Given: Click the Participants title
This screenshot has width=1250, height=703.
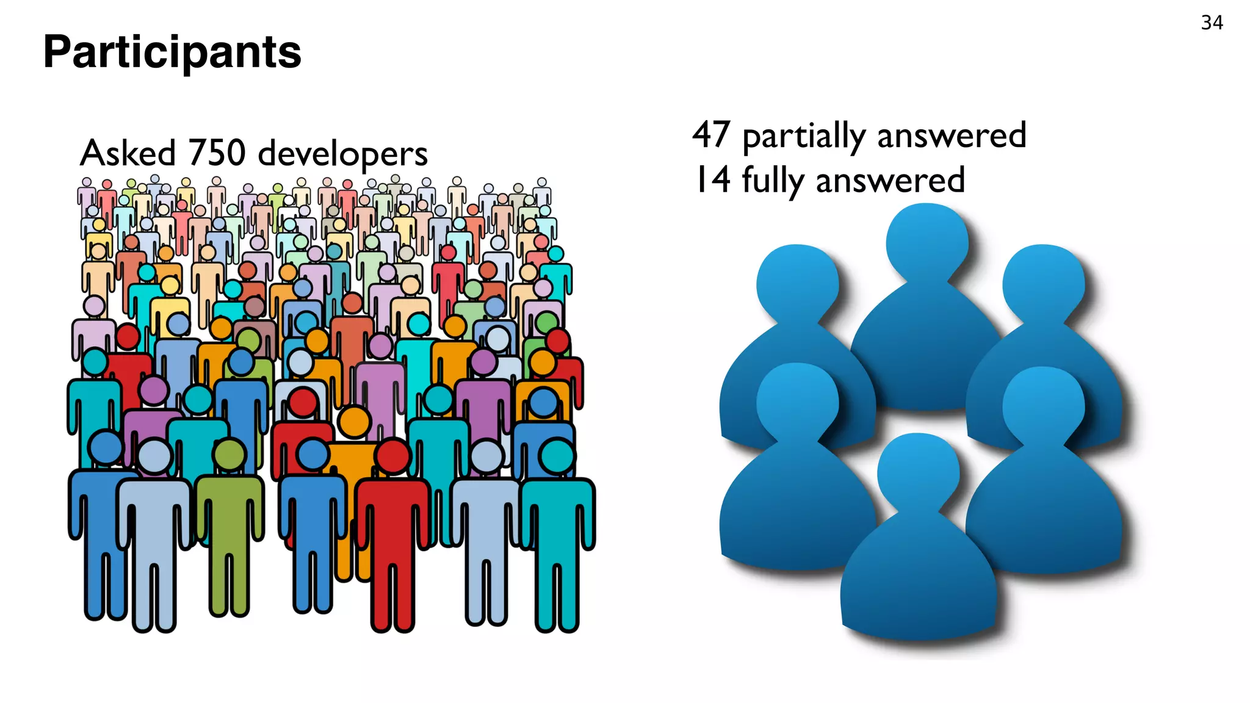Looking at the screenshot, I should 172,52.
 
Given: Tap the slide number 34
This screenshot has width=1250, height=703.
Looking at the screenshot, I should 1212,23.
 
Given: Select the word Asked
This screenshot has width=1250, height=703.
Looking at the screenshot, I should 128,153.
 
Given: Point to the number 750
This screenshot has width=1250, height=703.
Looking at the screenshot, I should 217,153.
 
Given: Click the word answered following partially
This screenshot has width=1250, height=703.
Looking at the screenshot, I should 952,135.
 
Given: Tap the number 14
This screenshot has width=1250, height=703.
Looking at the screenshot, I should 712,179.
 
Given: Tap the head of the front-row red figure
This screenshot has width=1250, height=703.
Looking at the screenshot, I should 393,456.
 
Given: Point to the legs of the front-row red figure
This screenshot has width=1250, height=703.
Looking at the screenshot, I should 392,592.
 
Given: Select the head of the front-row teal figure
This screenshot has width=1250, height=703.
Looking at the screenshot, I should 557,456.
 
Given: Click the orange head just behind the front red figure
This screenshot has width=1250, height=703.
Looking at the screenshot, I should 354,422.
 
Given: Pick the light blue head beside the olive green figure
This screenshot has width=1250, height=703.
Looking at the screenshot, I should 154,456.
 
